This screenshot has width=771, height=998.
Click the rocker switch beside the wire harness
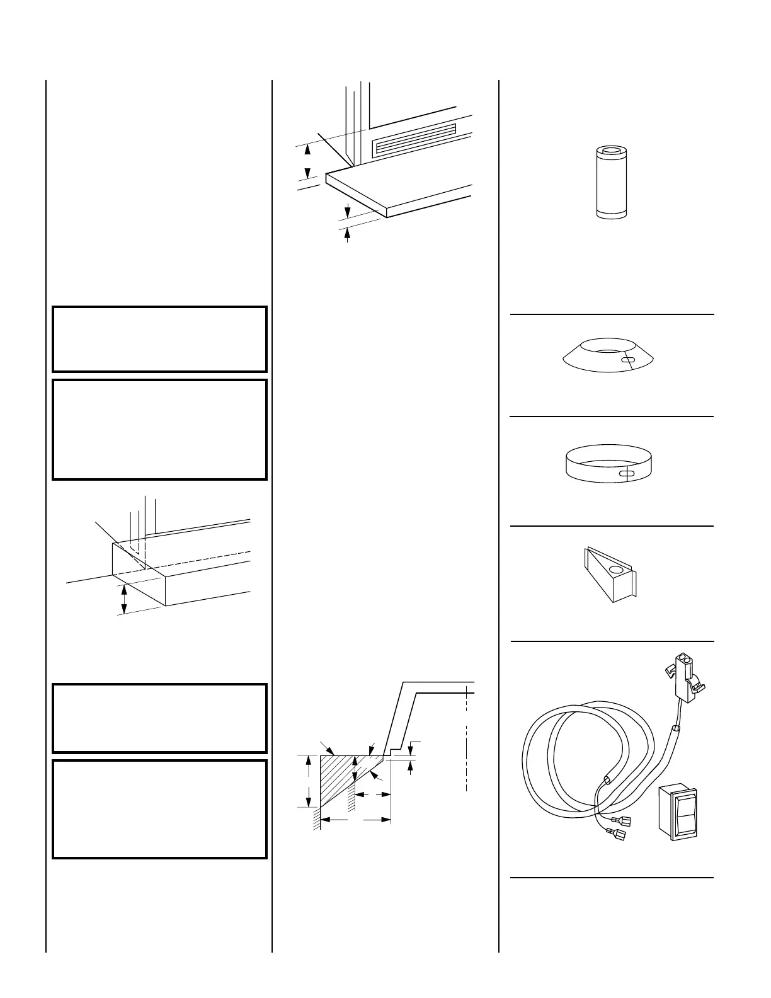pos(678,813)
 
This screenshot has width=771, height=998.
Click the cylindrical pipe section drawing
pos(612,183)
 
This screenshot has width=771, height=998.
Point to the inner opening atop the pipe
pos(612,151)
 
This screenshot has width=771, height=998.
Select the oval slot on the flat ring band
pos(627,474)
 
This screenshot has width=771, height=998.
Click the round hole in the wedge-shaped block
pos(618,570)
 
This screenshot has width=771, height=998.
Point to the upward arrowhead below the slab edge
pos(347,234)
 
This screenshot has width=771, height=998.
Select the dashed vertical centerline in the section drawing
pos(466,743)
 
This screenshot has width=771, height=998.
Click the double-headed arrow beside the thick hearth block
pos(124,599)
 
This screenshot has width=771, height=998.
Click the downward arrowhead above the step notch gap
pos(411,749)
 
